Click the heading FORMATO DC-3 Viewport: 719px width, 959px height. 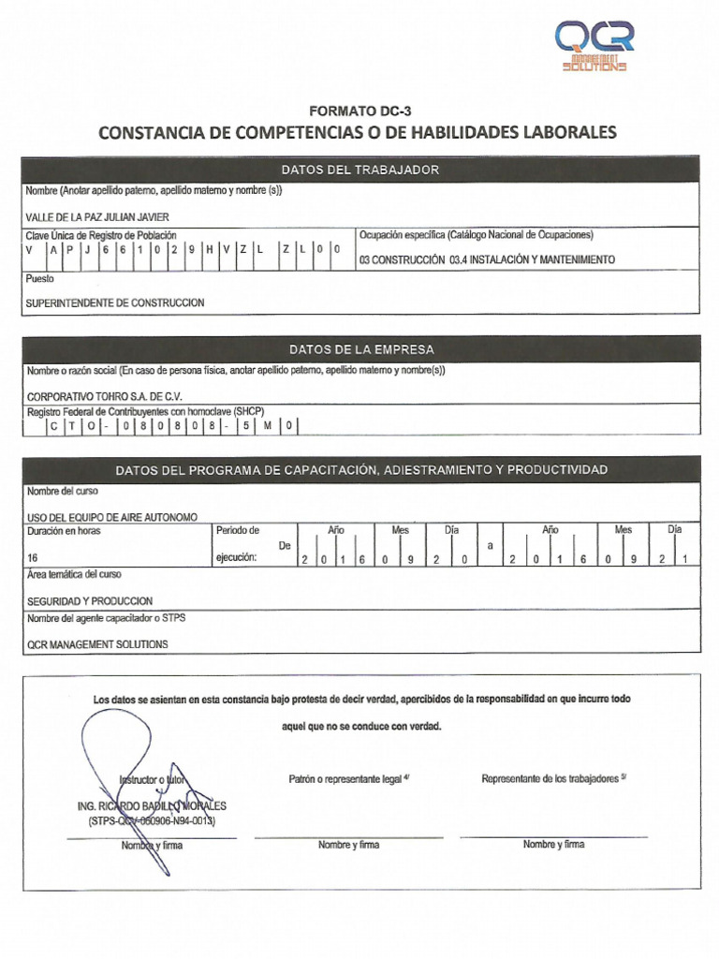359,111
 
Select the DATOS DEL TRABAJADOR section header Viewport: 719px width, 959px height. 359,170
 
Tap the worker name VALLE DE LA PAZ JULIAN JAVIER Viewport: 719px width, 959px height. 98,216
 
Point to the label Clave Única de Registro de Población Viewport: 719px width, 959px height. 101,235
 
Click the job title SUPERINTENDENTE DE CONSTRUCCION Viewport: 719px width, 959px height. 115,302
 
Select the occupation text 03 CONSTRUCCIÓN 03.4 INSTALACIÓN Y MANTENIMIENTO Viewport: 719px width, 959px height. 487,259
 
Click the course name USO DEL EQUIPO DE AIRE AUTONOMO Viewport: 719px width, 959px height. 112,516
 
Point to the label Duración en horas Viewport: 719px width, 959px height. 64,530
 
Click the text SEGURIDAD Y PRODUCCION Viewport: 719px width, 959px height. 90,601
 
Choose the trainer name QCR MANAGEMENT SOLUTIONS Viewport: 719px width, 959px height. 97,644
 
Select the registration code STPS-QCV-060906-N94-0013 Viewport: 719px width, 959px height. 151,820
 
